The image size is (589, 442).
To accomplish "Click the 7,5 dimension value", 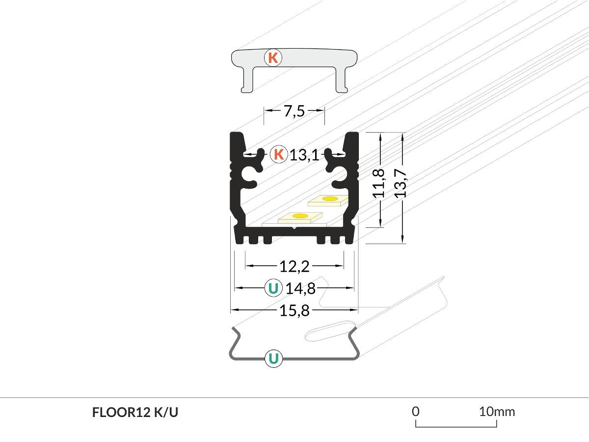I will tap(294, 111).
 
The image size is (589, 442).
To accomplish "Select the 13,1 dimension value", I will tap(304, 155).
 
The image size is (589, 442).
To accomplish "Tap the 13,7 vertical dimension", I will tap(401, 183).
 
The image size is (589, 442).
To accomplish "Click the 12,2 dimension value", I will tap(294, 266).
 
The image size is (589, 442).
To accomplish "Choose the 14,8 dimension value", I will tap(300, 288).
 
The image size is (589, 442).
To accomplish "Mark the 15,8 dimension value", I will tap(294, 310).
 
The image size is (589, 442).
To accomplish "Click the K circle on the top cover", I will tap(273, 57).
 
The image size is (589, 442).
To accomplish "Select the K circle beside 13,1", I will tap(278, 155).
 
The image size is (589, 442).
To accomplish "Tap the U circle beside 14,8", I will tap(273, 288).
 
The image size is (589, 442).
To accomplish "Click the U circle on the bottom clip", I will tap(273, 358).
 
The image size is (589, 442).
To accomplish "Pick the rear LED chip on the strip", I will tap(329, 199).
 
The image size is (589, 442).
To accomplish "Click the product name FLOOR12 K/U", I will tap(135, 413).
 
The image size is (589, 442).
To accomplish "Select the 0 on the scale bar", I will tap(416, 411).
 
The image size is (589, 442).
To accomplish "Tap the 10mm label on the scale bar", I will tap(497, 411).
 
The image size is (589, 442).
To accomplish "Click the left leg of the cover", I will tap(246, 81).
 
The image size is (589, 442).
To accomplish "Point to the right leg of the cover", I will tap(341, 81).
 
